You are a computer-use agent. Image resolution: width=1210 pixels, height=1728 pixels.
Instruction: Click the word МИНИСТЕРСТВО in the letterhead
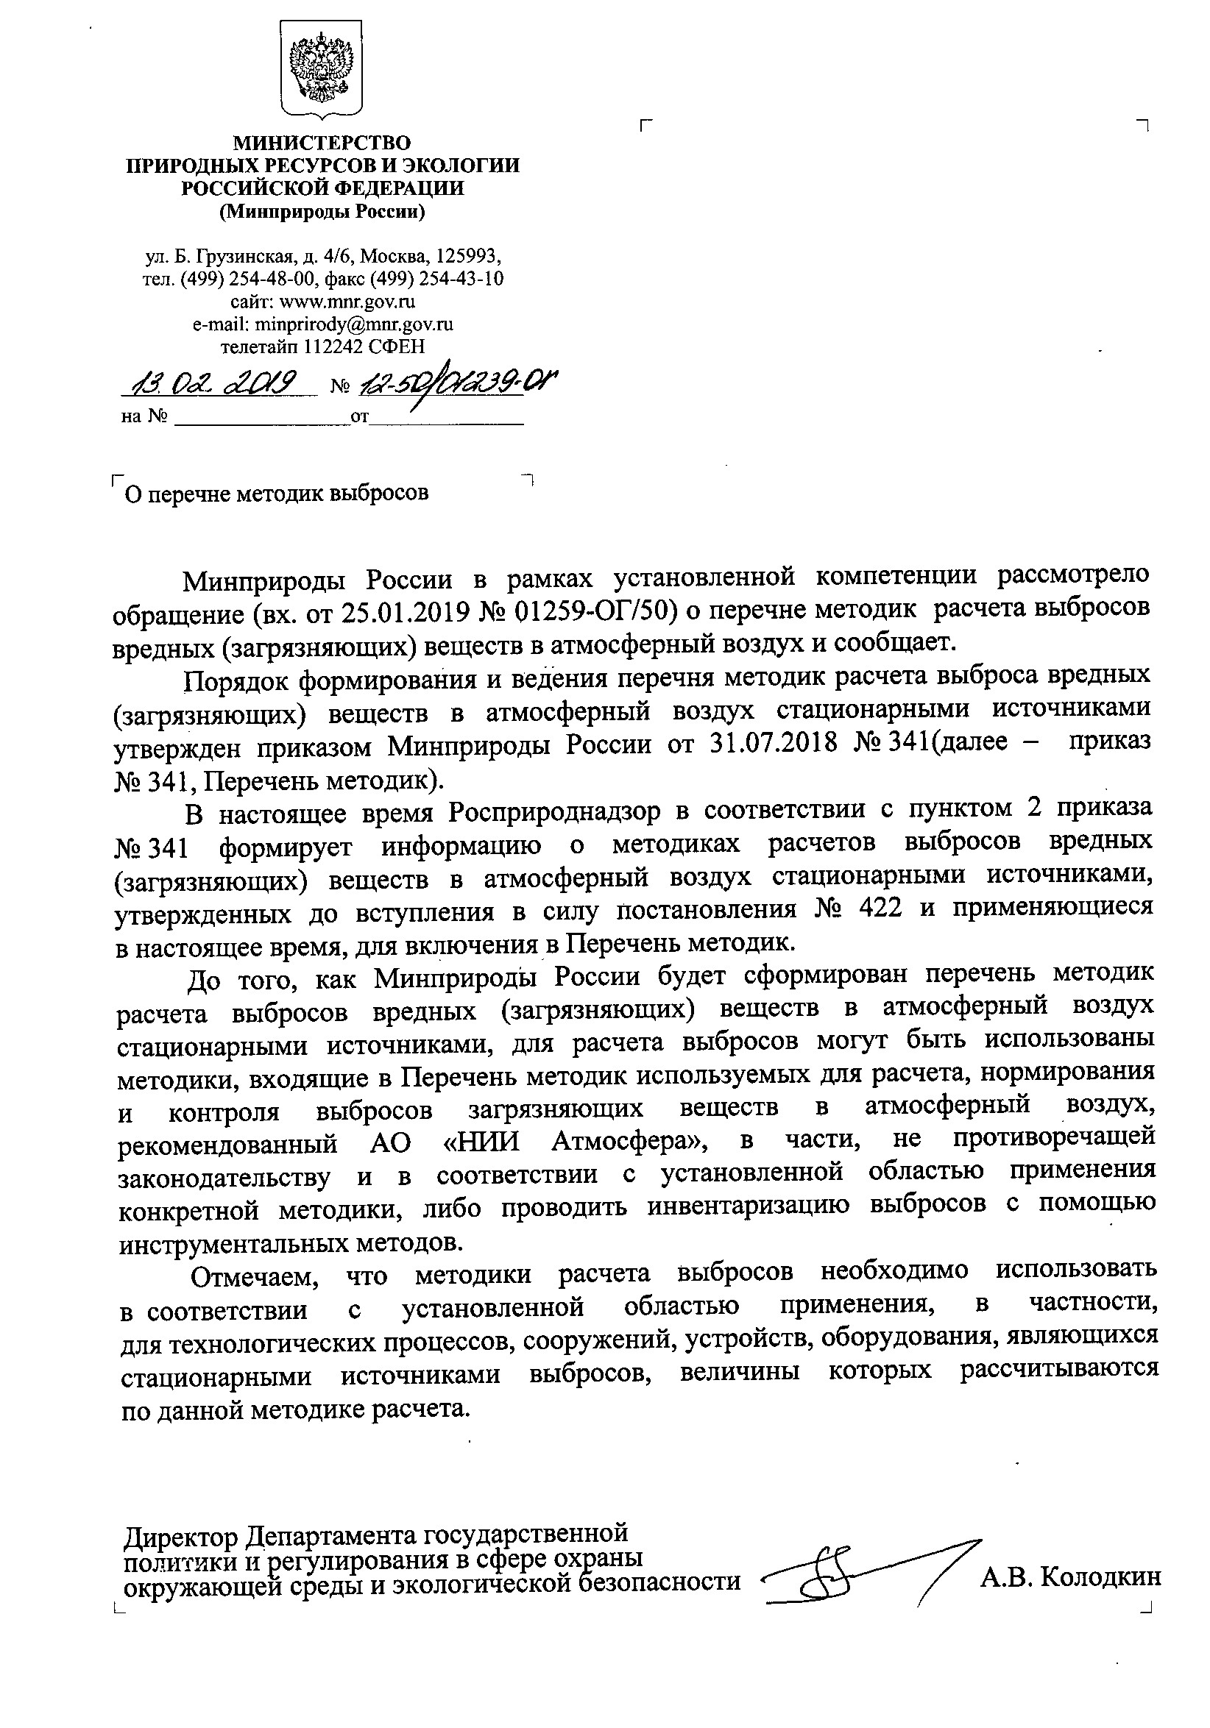click(x=322, y=142)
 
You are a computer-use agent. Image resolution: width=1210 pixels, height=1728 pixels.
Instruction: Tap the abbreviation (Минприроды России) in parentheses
click(x=322, y=213)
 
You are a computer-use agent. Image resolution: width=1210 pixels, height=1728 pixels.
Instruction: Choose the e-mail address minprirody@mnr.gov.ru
click(x=355, y=324)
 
